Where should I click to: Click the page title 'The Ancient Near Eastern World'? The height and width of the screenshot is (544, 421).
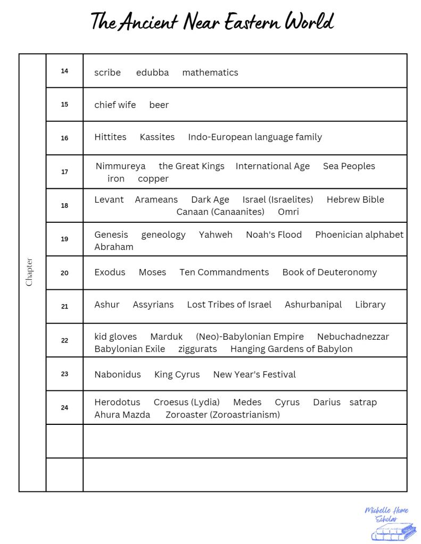pyautogui.click(x=212, y=22)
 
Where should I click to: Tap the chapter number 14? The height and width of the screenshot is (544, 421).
pyautogui.click(x=64, y=71)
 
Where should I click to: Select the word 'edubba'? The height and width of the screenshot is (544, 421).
pyautogui.click(x=152, y=72)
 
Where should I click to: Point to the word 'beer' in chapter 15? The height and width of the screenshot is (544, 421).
pyautogui.click(x=159, y=105)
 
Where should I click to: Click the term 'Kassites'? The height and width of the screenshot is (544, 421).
pyautogui.click(x=157, y=137)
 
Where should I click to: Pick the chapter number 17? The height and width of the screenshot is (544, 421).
pyautogui.click(x=64, y=172)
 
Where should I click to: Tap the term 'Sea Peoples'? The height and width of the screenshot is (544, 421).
pyautogui.click(x=349, y=166)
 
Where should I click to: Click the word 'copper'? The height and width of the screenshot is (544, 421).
pyautogui.click(x=153, y=179)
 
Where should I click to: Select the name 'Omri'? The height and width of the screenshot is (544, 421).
pyautogui.click(x=288, y=212)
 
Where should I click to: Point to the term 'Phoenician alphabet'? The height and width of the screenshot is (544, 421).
pyautogui.click(x=359, y=235)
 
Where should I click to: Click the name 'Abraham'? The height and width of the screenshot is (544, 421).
pyautogui.click(x=114, y=247)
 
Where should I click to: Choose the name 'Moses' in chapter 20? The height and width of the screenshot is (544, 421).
pyautogui.click(x=152, y=272)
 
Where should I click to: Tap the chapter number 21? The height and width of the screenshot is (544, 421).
pyautogui.click(x=64, y=306)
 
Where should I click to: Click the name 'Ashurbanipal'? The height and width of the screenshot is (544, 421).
pyautogui.click(x=313, y=304)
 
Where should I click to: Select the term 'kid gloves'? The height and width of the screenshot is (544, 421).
pyautogui.click(x=115, y=336)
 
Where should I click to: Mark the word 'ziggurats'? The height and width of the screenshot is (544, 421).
pyautogui.click(x=197, y=349)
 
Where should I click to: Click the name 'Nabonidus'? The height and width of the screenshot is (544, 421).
pyautogui.click(x=118, y=374)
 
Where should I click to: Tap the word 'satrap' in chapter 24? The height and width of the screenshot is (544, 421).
pyautogui.click(x=363, y=402)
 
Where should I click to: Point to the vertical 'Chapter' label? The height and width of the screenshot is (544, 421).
pyautogui.click(x=29, y=272)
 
